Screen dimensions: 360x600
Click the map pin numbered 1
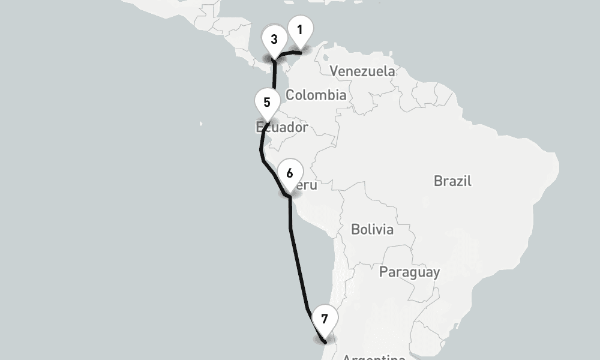(x=300, y=30)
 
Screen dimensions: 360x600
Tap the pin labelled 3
(x=274, y=40)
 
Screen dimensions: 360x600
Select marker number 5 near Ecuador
(x=267, y=103)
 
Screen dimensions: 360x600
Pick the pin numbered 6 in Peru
(x=290, y=174)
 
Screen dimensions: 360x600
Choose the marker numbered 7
(x=325, y=319)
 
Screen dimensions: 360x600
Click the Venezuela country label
(x=362, y=71)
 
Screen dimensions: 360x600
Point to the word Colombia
(x=316, y=95)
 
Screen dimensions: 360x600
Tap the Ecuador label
(x=282, y=127)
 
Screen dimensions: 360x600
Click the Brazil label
(x=452, y=181)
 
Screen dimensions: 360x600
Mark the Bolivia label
(x=372, y=229)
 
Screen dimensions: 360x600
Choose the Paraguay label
(x=409, y=272)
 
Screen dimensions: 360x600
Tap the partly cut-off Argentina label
(x=374, y=356)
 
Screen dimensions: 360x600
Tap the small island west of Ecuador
(x=201, y=124)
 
